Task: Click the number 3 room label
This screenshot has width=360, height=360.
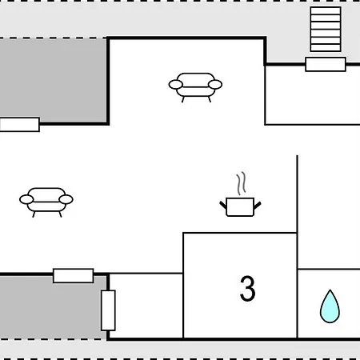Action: [247, 289]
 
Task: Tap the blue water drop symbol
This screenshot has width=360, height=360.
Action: [330, 306]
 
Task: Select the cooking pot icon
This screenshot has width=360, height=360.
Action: [240, 207]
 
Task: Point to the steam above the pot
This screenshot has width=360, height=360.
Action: [241, 183]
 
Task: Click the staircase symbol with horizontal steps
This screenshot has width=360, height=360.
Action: [326, 29]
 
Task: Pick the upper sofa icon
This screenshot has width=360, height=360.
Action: [195, 87]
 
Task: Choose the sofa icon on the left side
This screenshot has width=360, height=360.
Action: [46, 202]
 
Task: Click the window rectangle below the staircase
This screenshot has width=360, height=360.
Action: [326, 64]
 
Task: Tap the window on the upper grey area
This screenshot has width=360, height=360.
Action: [19, 125]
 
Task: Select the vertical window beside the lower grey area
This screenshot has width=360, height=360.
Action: [108, 310]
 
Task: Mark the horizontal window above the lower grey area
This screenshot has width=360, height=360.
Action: [74, 276]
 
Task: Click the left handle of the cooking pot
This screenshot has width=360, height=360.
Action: [223, 206]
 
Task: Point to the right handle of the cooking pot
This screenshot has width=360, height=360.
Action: [258, 206]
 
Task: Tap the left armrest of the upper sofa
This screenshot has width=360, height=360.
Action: [176, 85]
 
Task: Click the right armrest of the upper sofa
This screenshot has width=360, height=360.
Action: [215, 85]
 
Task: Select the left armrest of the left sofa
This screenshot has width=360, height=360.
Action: [26, 199]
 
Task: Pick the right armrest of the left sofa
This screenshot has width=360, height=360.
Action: [66, 199]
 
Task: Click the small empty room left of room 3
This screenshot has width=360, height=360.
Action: [146, 306]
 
